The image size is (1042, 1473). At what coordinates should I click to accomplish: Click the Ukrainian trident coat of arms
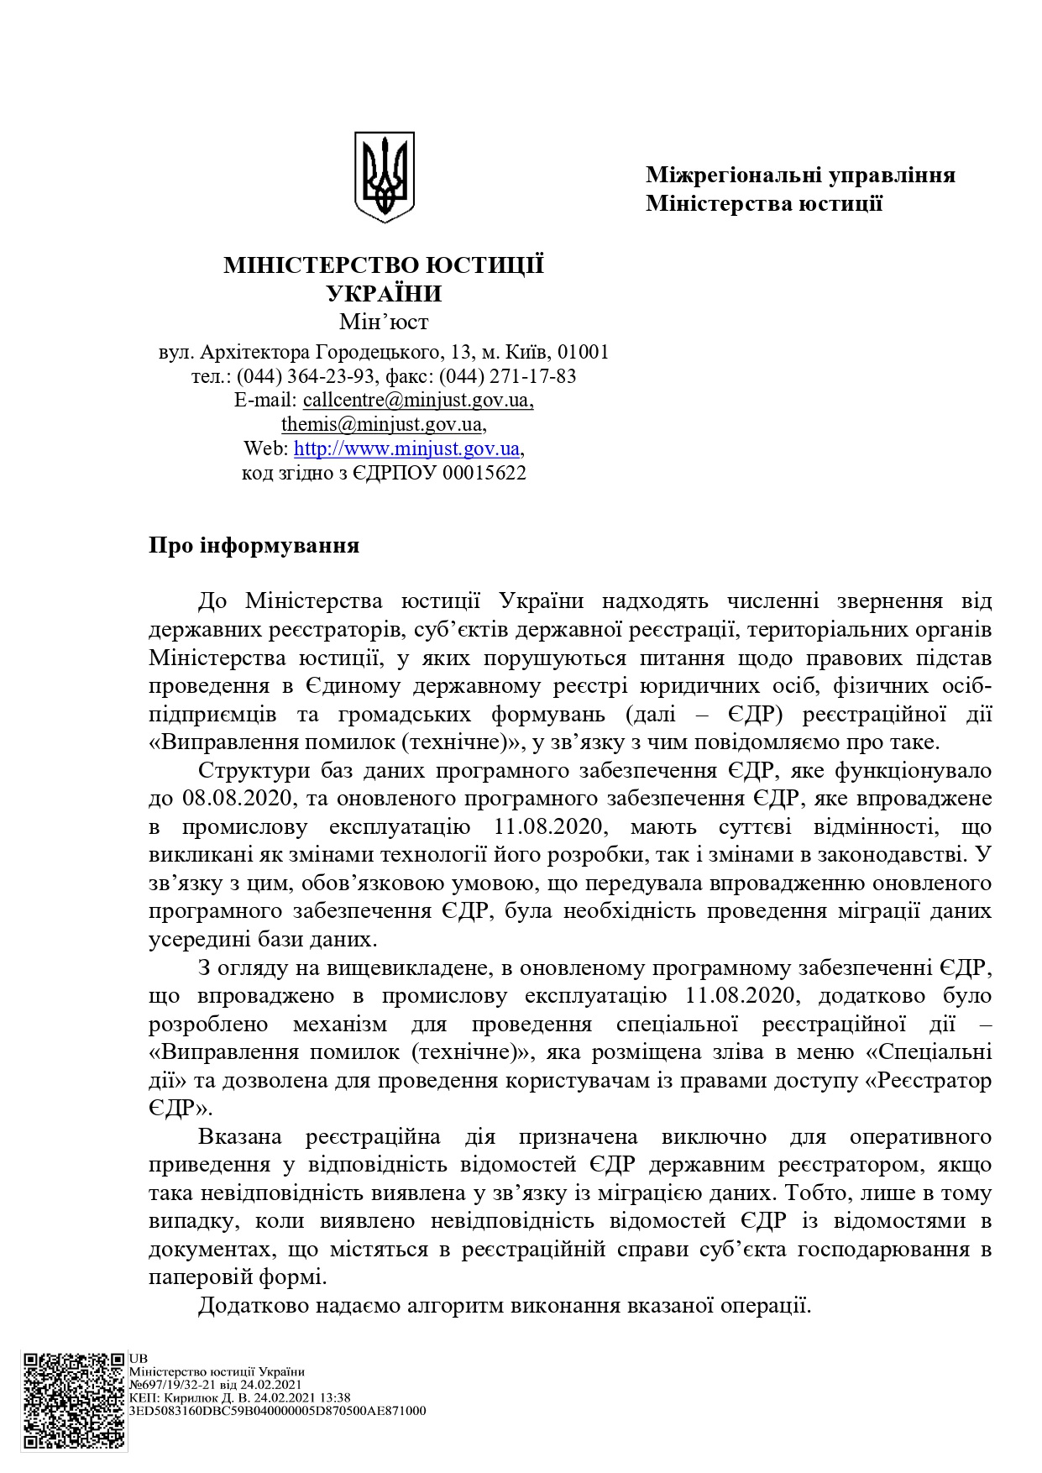tap(384, 176)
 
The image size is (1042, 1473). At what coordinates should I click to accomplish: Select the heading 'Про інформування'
tap(254, 546)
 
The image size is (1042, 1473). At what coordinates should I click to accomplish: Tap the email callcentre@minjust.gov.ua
tap(417, 400)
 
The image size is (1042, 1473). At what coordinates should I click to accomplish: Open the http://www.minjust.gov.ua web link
tap(407, 448)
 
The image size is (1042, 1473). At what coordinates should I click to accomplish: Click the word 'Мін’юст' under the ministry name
tap(384, 322)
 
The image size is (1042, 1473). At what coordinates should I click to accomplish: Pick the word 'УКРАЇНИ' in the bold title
tap(384, 294)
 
